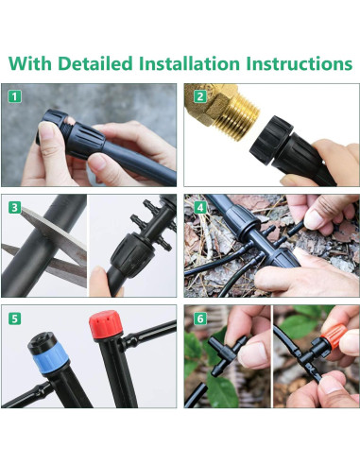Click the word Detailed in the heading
pos(95,63)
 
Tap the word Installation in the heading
pos(189,63)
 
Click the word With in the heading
pos(30,63)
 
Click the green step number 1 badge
pos(14,96)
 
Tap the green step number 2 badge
pos(200,96)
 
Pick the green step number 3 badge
pos(14,207)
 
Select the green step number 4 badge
pos(200,207)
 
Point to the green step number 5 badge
pos(14,319)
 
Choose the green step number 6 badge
pos(200,319)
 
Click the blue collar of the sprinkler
pos(50,360)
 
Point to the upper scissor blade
pos(54,231)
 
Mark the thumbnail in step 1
pos(48,135)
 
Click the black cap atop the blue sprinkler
pos(43,342)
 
